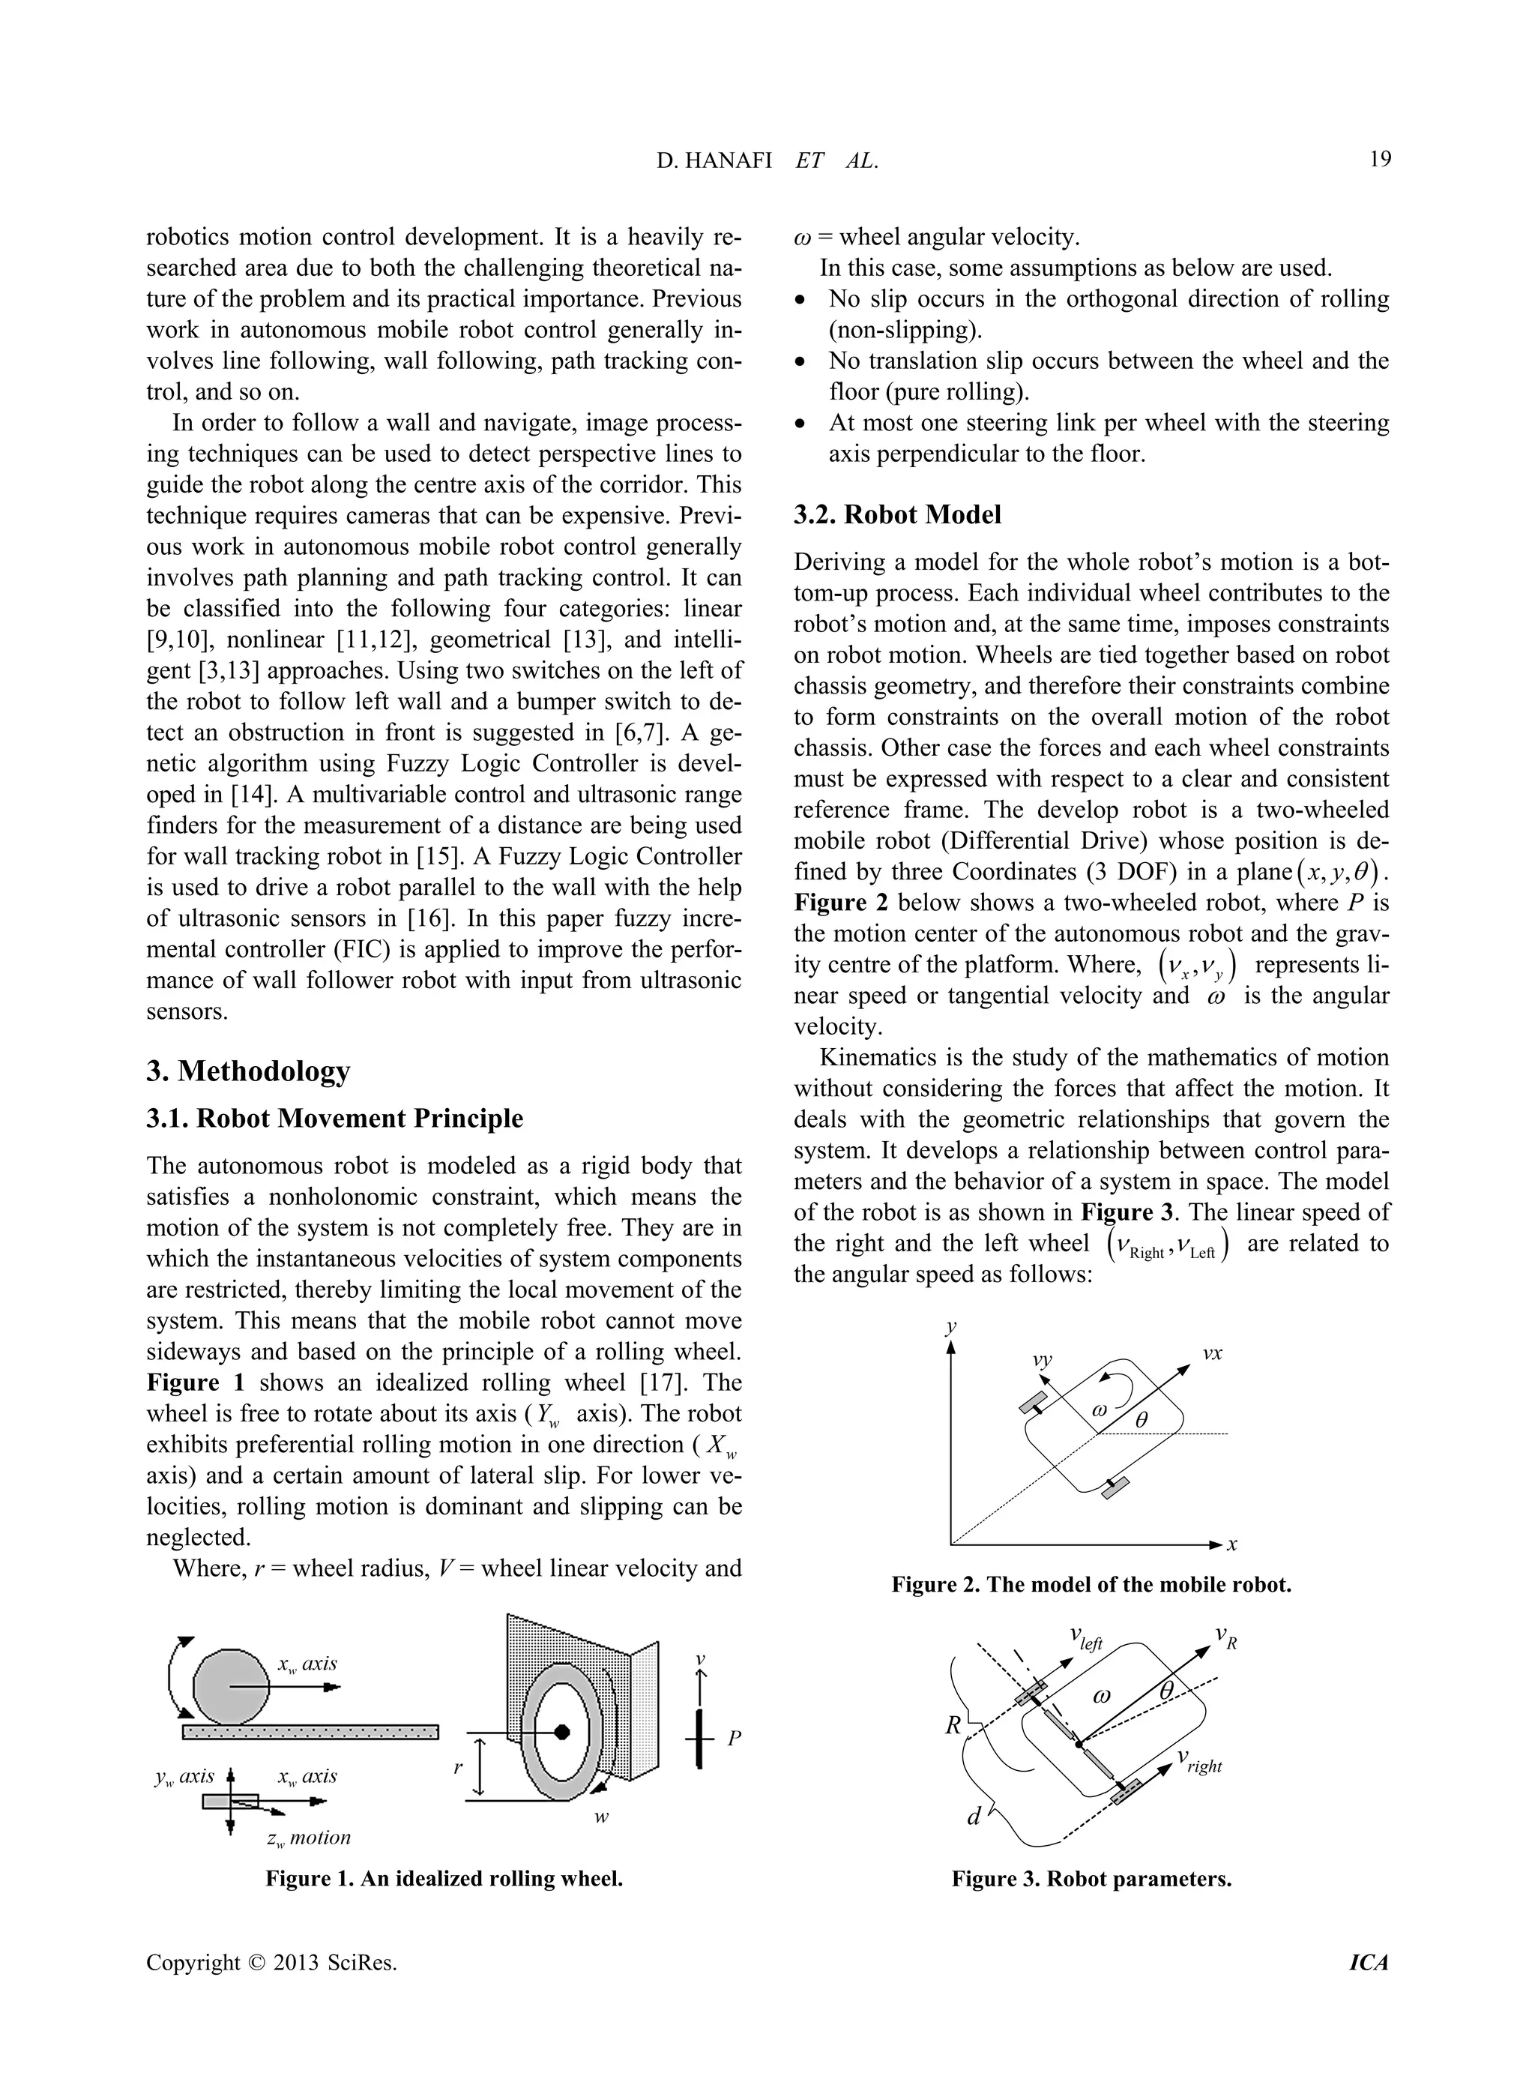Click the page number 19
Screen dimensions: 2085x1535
1380,160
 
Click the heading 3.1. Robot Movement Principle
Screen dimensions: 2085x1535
334,1119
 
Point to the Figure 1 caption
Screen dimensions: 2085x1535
444,1879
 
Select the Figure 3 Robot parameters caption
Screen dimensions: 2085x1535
1091,1879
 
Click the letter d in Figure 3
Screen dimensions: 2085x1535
974,1815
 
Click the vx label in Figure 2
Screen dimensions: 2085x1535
1212,1354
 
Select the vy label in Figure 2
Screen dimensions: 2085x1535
1043,1360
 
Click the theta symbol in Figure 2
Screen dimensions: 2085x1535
1142,1419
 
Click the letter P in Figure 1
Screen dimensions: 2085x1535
734,1737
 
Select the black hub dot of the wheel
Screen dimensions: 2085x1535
561,1732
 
